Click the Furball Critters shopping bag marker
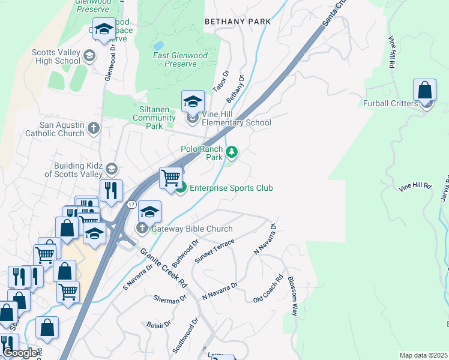(x=424, y=91)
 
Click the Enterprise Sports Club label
(x=231, y=188)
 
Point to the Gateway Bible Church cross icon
(x=142, y=229)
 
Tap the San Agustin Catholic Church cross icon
(x=93, y=128)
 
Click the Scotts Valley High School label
(x=56, y=56)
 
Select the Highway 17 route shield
(x=130, y=205)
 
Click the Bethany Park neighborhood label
(x=237, y=22)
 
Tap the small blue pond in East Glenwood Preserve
(x=158, y=46)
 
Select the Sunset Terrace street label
(x=214, y=250)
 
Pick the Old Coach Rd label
(x=268, y=289)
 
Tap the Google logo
(x=20, y=353)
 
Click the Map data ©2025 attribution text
(x=423, y=355)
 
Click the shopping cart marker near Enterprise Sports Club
(x=171, y=178)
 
